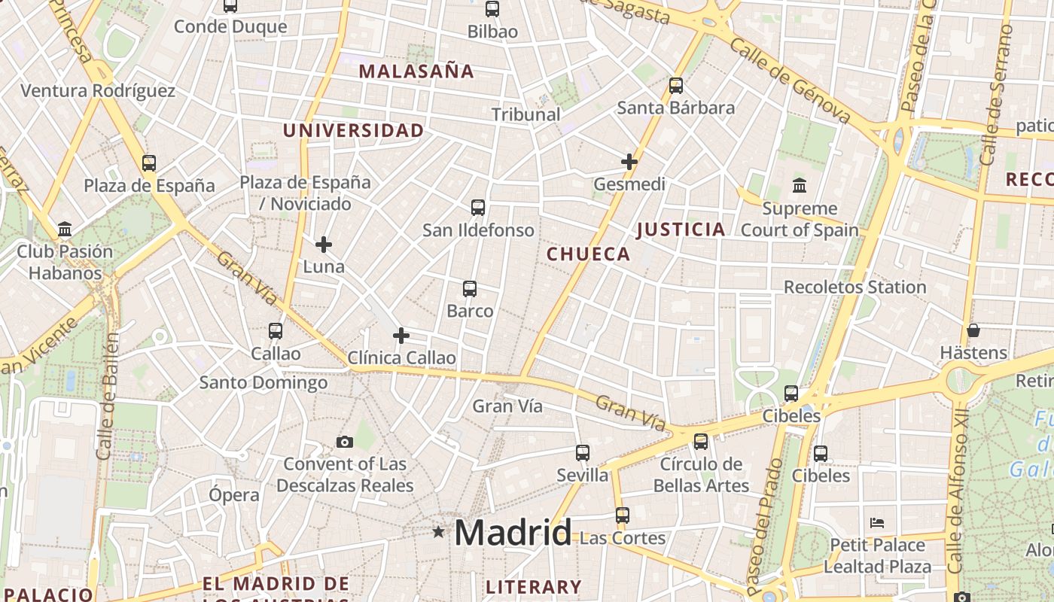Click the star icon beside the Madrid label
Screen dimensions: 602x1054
click(x=438, y=532)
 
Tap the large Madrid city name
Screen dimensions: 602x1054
click(x=513, y=533)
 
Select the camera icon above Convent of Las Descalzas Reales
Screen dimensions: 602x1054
click(x=345, y=442)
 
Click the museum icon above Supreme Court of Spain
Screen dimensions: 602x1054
click(x=799, y=185)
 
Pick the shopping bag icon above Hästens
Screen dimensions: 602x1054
click(x=973, y=330)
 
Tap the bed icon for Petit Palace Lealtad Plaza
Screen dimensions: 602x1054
click(x=876, y=523)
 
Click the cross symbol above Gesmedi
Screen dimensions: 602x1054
click(x=629, y=161)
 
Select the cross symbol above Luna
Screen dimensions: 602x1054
click(x=324, y=245)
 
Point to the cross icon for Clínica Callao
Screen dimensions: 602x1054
click(x=401, y=335)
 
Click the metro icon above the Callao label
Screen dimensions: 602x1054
click(x=276, y=330)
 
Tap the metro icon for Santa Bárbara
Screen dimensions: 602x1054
click(x=676, y=85)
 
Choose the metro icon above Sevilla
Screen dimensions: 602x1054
click(x=583, y=452)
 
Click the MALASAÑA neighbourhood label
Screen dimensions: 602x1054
click(x=416, y=71)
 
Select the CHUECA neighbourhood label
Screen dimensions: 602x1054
click(x=589, y=254)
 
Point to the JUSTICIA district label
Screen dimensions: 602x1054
click(x=681, y=230)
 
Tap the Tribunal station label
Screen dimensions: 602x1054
click(x=526, y=114)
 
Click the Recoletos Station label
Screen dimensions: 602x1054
click(x=854, y=287)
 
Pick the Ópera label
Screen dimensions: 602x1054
click(x=234, y=494)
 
